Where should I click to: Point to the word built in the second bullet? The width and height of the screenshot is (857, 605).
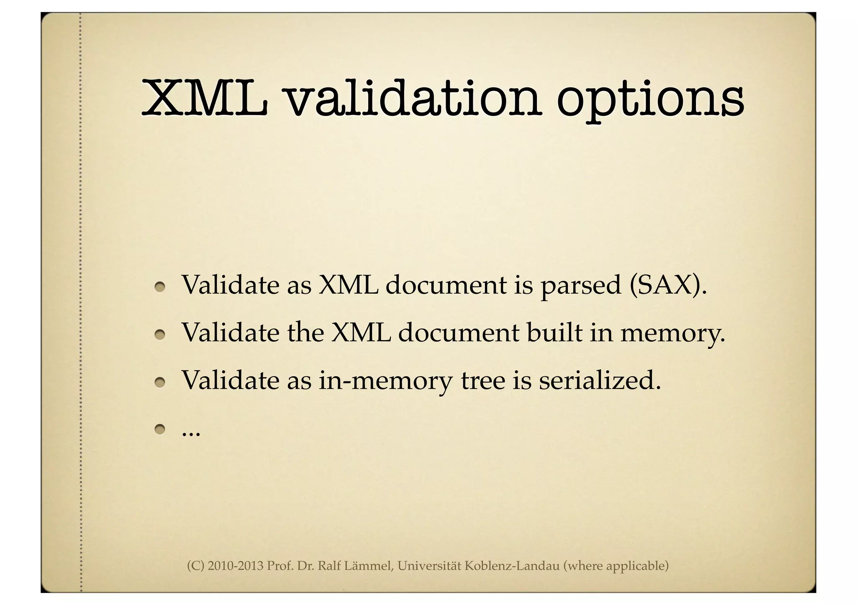click(554, 333)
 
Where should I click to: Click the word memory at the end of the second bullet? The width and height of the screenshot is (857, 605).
click(671, 334)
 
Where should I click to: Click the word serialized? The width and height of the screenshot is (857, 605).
click(599, 381)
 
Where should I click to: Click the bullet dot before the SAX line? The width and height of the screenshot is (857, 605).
click(159, 287)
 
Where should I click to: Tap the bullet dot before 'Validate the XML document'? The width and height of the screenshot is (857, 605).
click(159, 334)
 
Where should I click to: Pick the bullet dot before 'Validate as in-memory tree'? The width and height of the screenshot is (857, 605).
click(159, 382)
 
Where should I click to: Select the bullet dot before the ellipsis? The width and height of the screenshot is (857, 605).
click(159, 429)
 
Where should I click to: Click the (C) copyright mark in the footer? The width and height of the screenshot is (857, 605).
click(195, 566)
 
